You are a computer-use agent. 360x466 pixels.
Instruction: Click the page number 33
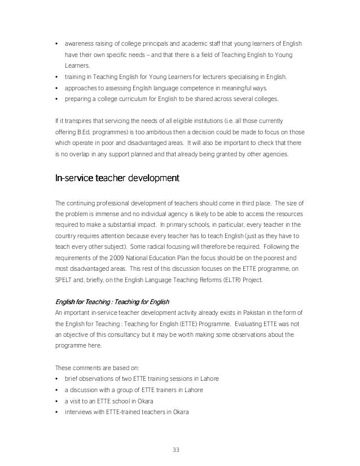pyautogui.click(x=180, y=450)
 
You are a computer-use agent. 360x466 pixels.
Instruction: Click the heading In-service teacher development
pyautogui.click(x=117, y=179)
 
